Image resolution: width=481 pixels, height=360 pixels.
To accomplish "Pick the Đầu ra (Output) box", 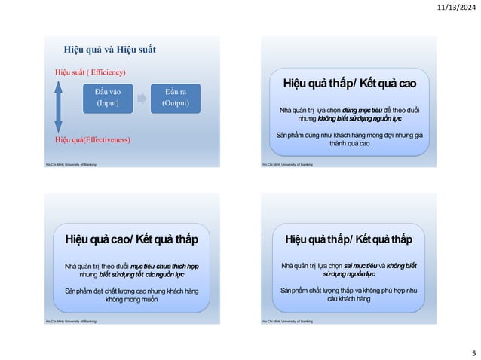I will (x=175, y=98).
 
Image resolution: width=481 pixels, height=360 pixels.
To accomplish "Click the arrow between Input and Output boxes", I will (x=142, y=98).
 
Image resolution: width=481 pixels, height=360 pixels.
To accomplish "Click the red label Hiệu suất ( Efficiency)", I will (x=90, y=72).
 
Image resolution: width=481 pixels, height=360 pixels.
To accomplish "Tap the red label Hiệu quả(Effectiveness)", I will (x=92, y=140).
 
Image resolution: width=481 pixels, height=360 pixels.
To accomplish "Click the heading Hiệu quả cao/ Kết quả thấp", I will (x=131, y=239).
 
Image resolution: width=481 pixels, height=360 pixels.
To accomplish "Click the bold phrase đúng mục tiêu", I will (x=360, y=111).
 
